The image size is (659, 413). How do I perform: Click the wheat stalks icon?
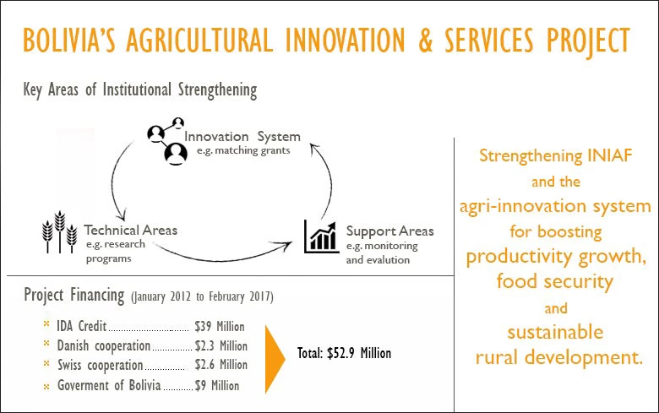(60, 231)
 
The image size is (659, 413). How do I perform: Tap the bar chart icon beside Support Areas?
(322, 236)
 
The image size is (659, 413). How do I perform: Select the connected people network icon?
(166, 141)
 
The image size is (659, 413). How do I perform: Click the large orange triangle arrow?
(275, 359)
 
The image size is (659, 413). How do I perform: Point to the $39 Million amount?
(220, 327)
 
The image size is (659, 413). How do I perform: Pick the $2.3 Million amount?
(221, 345)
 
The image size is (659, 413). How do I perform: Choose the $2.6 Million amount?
(221, 365)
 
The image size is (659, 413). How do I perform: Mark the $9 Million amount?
(217, 385)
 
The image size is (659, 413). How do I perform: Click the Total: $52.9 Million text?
(344, 353)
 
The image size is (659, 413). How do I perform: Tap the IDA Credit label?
(82, 326)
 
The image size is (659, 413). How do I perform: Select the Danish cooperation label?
(103, 345)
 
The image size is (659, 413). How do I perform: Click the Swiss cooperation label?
(100, 365)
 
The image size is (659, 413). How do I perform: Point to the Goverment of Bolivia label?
(109, 385)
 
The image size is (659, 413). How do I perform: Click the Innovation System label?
(242, 137)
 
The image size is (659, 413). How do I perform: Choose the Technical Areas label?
(131, 231)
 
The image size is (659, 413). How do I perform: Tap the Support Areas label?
(390, 231)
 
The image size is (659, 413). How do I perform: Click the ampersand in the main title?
(425, 41)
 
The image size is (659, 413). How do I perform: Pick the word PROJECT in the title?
(588, 41)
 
